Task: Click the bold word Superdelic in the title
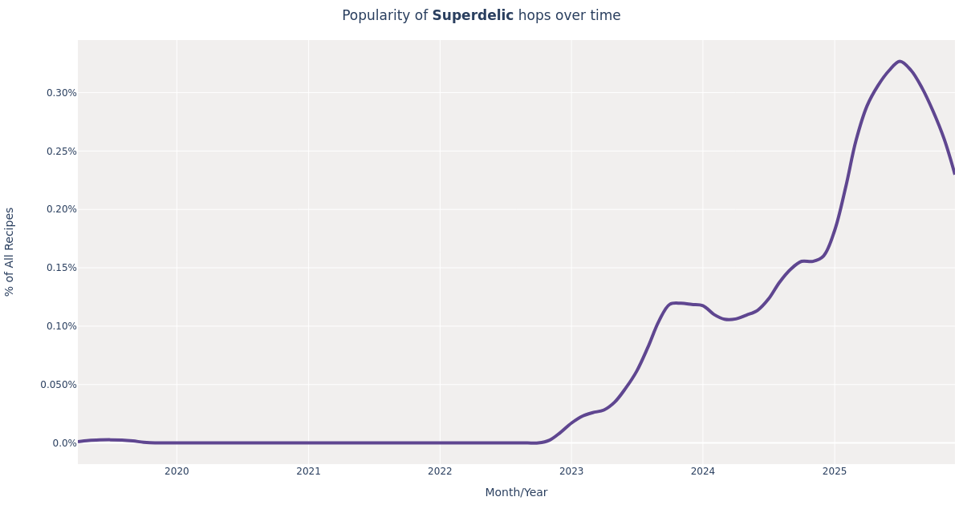pyautogui.click(x=473, y=16)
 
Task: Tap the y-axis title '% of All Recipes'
pyautogui.click(x=10, y=252)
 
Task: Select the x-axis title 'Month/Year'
pyautogui.click(x=516, y=492)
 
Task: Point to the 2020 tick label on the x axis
pyautogui.click(x=177, y=471)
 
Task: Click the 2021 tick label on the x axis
pyautogui.click(x=308, y=471)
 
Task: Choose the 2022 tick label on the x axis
pyautogui.click(x=440, y=471)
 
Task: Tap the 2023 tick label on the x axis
pyautogui.click(x=571, y=471)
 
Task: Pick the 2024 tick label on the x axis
pyautogui.click(x=703, y=471)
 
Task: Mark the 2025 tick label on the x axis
pyautogui.click(x=835, y=471)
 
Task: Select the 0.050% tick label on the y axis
pyautogui.click(x=59, y=385)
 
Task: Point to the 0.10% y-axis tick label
pyautogui.click(x=62, y=326)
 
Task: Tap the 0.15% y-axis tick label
pyautogui.click(x=62, y=268)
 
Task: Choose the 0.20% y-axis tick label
pyautogui.click(x=62, y=209)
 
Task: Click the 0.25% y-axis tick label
pyautogui.click(x=62, y=151)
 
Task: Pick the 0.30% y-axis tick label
pyautogui.click(x=62, y=93)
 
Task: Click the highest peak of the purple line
pyautogui.click(x=900, y=61)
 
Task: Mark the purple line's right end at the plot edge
pyautogui.click(x=953, y=172)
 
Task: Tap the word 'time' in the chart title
pyautogui.click(x=605, y=16)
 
